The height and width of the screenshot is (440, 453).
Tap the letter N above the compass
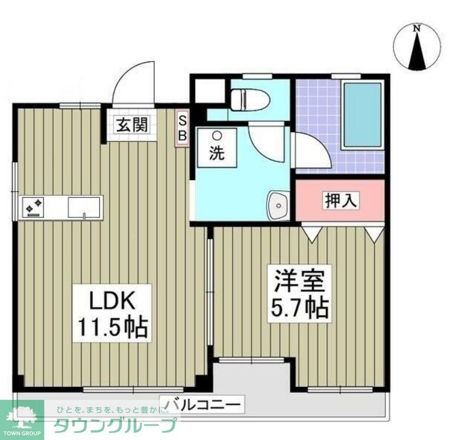[418, 28]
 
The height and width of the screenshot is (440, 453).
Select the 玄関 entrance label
[128, 125]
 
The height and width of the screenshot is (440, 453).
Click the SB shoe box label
[182, 128]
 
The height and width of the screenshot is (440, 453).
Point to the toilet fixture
[249, 99]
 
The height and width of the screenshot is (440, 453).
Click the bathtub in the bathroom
[361, 114]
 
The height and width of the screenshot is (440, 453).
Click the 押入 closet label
[340, 201]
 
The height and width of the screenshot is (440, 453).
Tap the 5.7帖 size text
[299, 308]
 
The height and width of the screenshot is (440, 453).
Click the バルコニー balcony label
[203, 405]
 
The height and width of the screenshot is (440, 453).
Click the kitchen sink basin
[83, 207]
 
